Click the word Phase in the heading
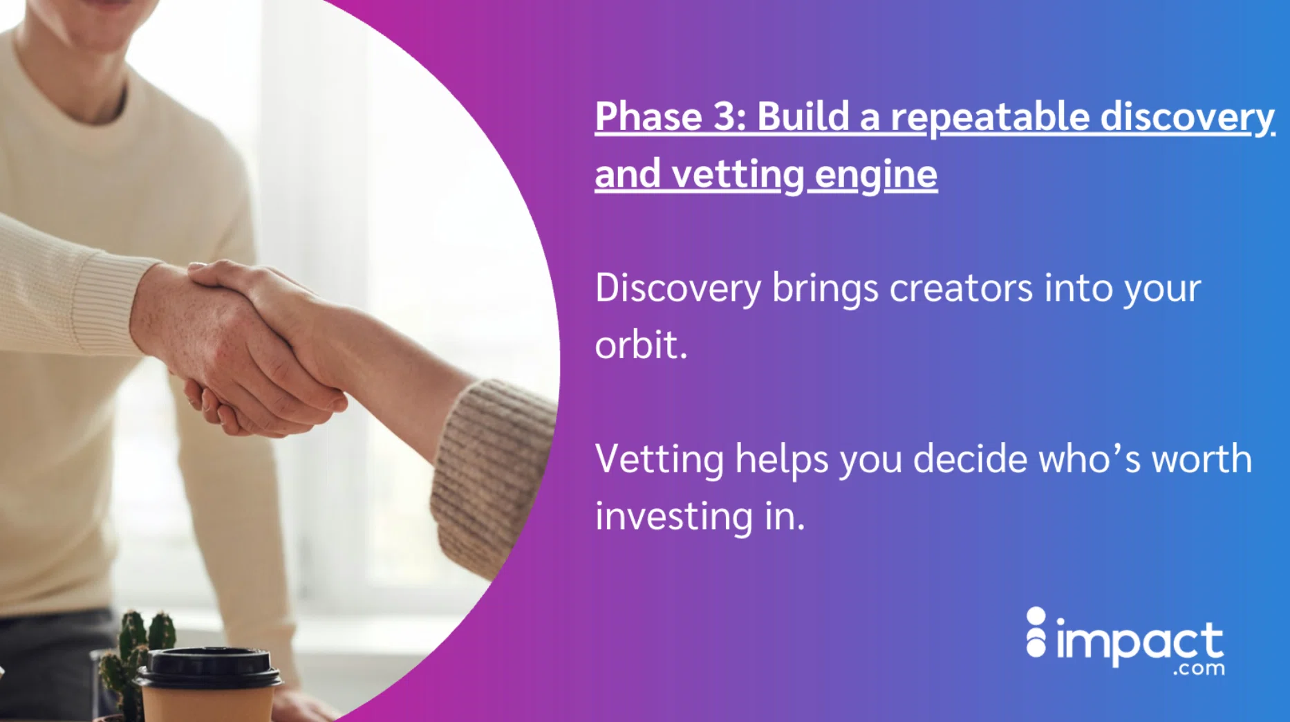click(x=648, y=116)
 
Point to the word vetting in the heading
click(x=738, y=174)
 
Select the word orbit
click(x=640, y=344)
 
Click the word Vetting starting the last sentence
click(x=659, y=459)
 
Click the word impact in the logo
click(x=1139, y=642)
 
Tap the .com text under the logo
click(x=1198, y=669)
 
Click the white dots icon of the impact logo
click(x=1036, y=632)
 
